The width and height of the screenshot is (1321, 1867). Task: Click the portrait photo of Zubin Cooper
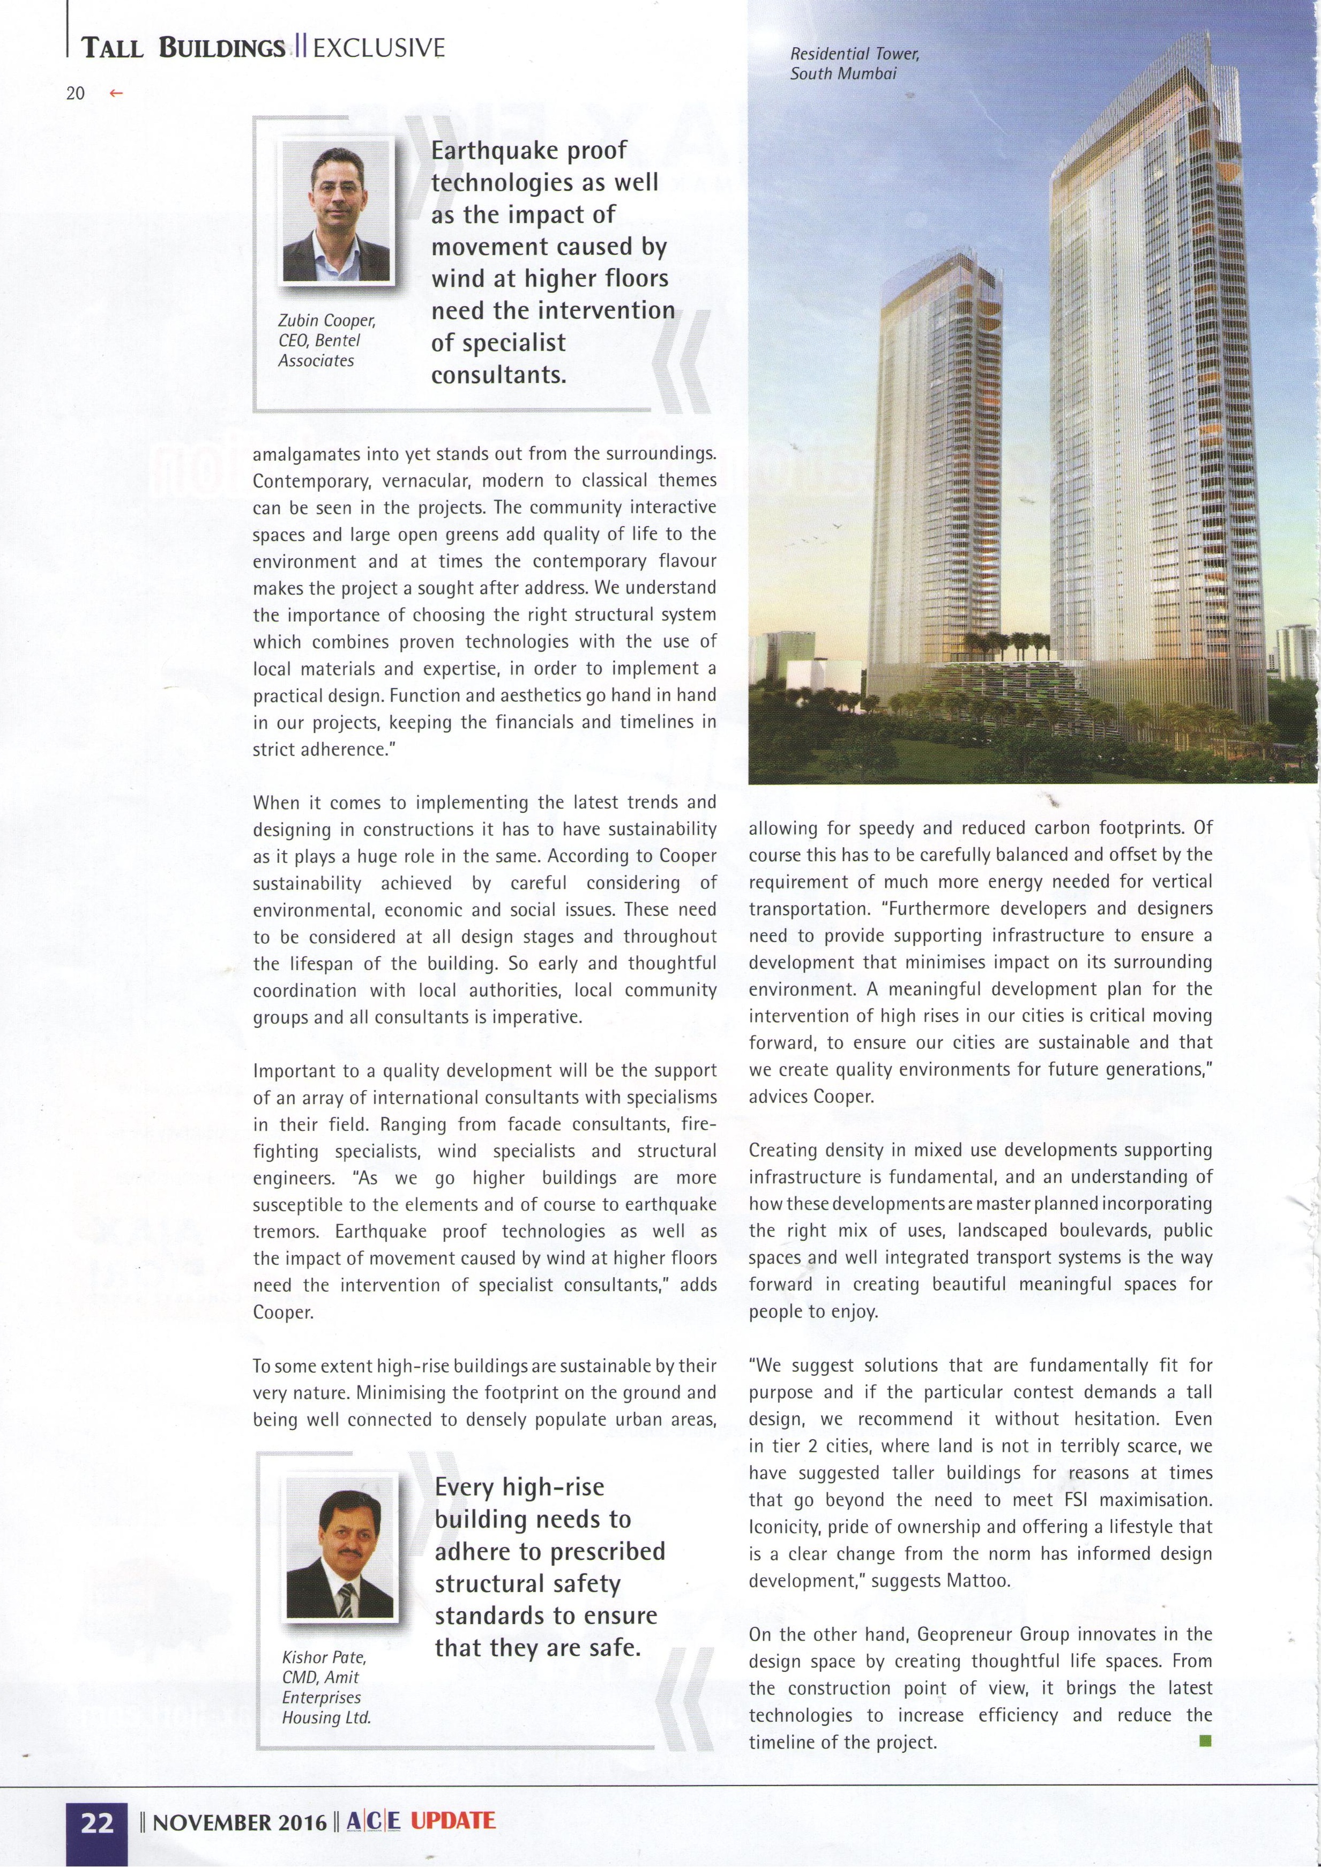pos(336,212)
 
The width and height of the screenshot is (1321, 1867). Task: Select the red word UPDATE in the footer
pos(452,1820)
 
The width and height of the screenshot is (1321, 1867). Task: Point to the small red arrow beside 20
pos(116,94)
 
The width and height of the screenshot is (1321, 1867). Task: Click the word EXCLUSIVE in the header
pos(378,48)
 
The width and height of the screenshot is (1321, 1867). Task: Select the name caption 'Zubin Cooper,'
pos(327,321)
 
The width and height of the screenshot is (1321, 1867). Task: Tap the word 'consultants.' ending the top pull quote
pos(498,375)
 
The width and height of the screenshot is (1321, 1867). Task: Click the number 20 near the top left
pos(75,94)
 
